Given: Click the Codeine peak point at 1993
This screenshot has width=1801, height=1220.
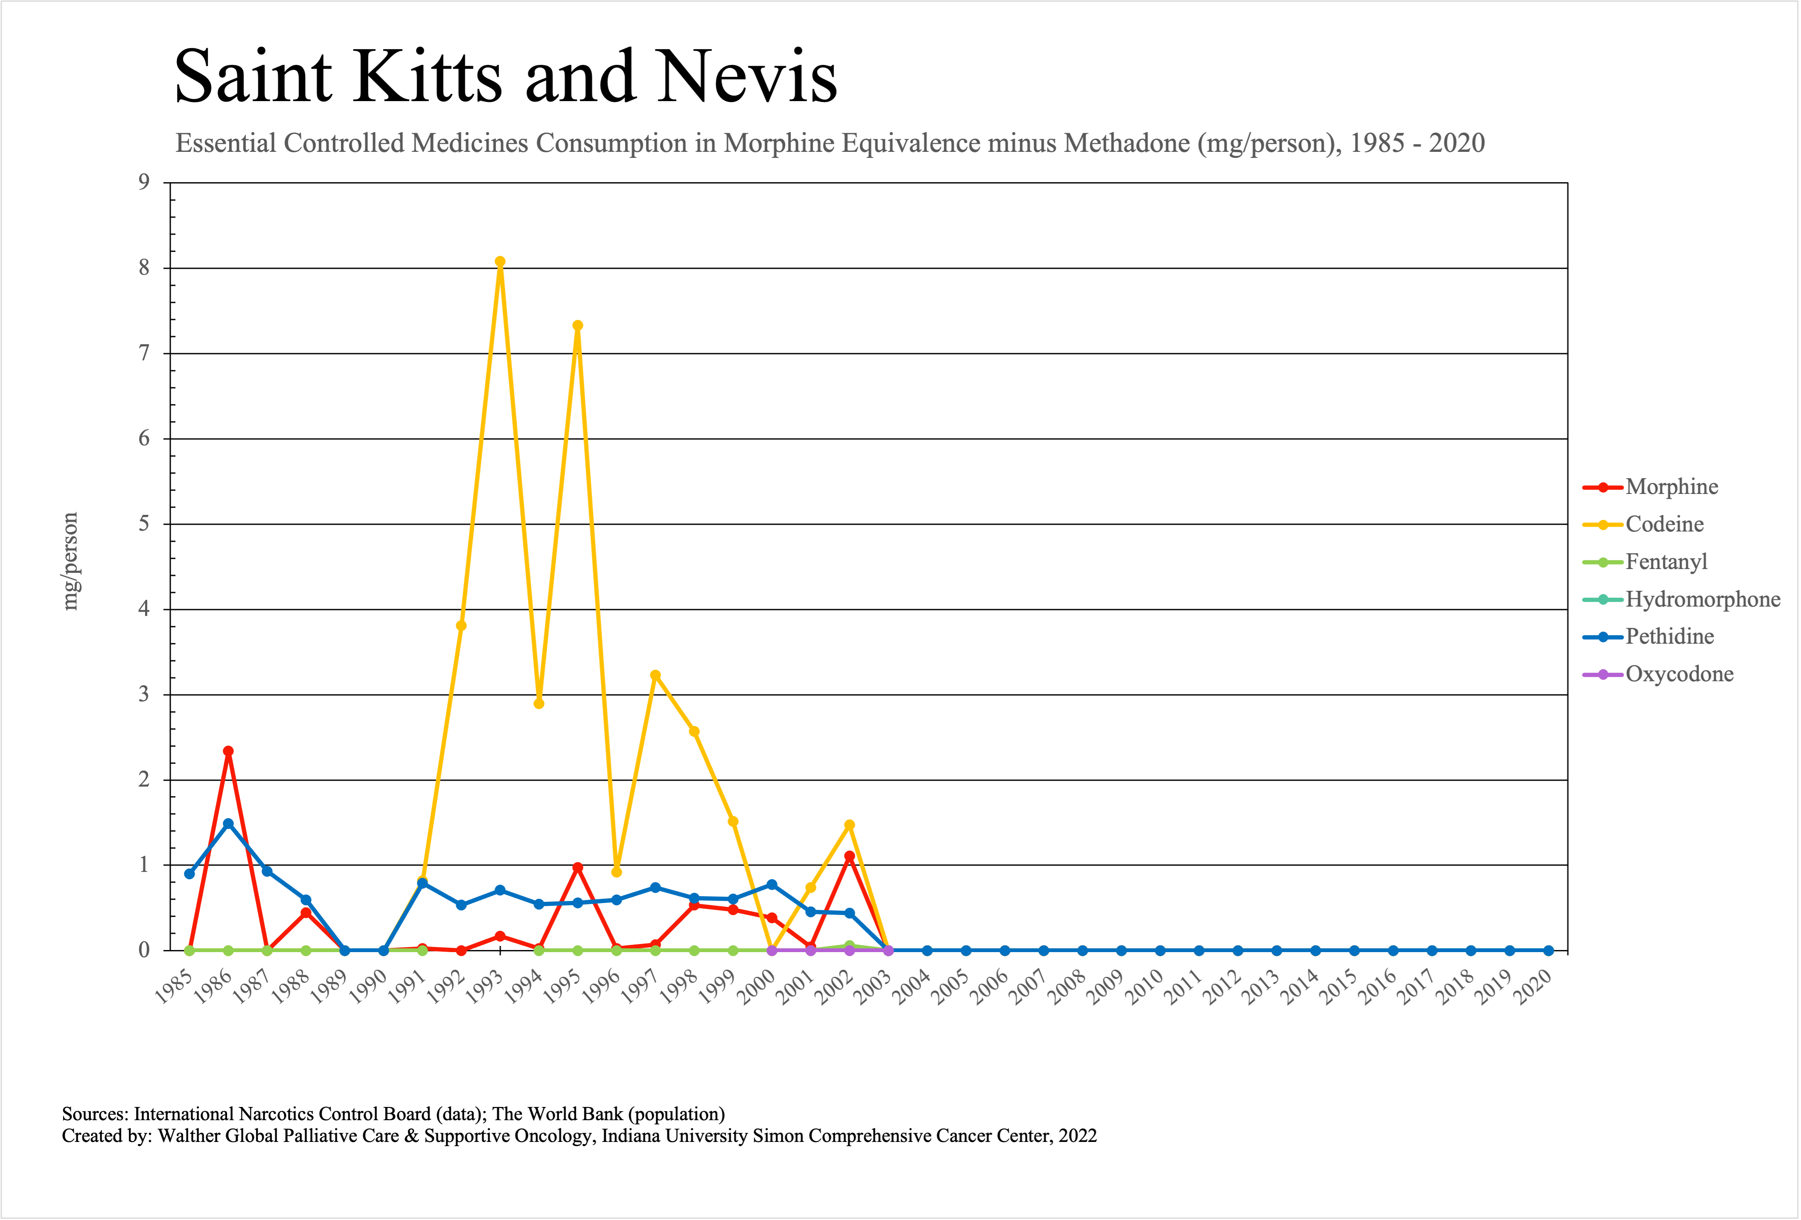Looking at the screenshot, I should [x=500, y=262].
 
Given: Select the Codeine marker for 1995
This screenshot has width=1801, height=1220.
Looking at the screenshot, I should [x=577, y=325].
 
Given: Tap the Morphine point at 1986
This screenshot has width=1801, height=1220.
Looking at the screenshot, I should [x=228, y=751].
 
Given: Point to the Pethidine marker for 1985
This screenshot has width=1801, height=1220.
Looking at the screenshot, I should [x=189, y=874].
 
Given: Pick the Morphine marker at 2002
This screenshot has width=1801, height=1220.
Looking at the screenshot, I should [x=850, y=856].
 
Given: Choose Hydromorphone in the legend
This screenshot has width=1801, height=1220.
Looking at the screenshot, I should [x=1702, y=599].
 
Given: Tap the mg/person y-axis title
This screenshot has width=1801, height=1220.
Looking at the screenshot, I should [x=70, y=562].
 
